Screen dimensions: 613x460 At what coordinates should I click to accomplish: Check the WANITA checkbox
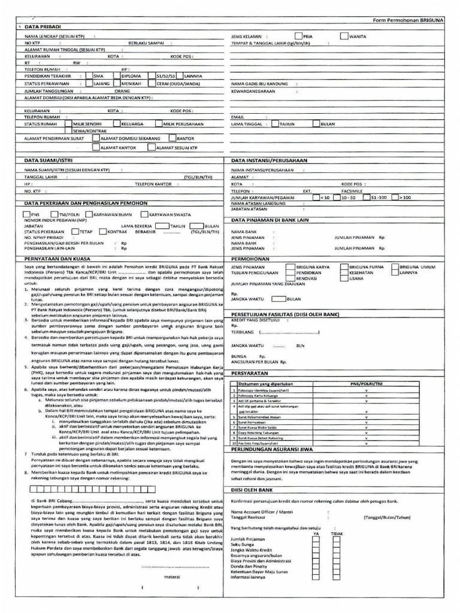click(343, 36)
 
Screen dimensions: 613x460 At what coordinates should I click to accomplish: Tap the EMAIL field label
click(238, 116)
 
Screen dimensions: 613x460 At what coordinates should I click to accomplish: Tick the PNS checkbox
click(27, 213)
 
